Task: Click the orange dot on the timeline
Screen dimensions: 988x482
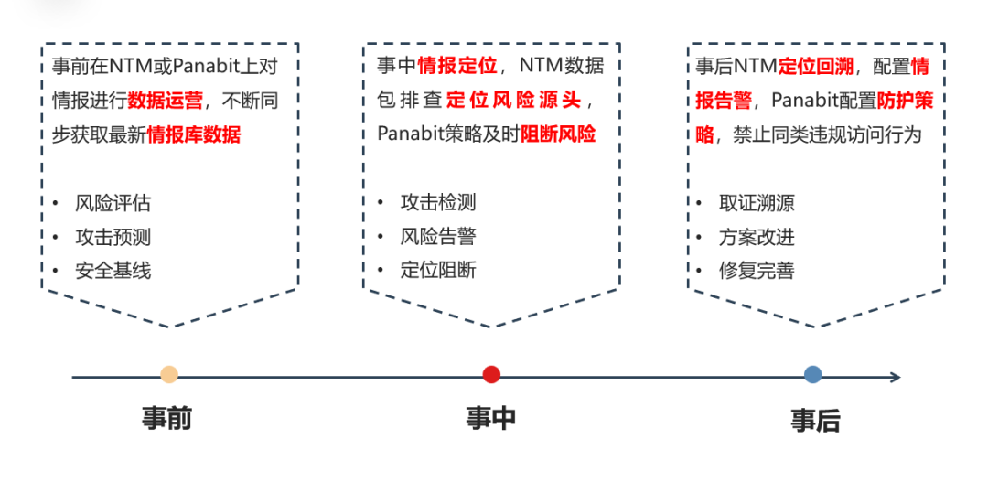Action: click(169, 374)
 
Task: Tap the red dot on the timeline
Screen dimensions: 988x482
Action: click(491, 374)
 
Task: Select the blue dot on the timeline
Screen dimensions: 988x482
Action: click(813, 374)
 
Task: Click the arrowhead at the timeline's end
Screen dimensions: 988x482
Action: click(895, 377)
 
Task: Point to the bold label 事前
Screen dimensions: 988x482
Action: click(167, 419)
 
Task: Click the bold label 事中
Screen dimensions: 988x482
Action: click(491, 419)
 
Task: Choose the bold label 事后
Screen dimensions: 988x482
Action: click(815, 421)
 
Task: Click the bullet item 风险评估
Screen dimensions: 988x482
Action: click(113, 203)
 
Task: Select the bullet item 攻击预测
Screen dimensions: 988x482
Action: click(113, 237)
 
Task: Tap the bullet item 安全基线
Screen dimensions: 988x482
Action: click(113, 271)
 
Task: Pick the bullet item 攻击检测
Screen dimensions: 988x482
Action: click(438, 203)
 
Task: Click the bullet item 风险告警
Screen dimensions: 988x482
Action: click(438, 237)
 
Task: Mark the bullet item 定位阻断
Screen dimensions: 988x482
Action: click(438, 271)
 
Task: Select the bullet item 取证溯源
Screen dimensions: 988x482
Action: click(757, 203)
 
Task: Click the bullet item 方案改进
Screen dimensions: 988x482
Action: click(757, 237)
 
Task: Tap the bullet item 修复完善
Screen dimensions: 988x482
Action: click(757, 271)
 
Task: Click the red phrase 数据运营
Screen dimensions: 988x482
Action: click(165, 100)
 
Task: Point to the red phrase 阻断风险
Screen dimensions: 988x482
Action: click(558, 134)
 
